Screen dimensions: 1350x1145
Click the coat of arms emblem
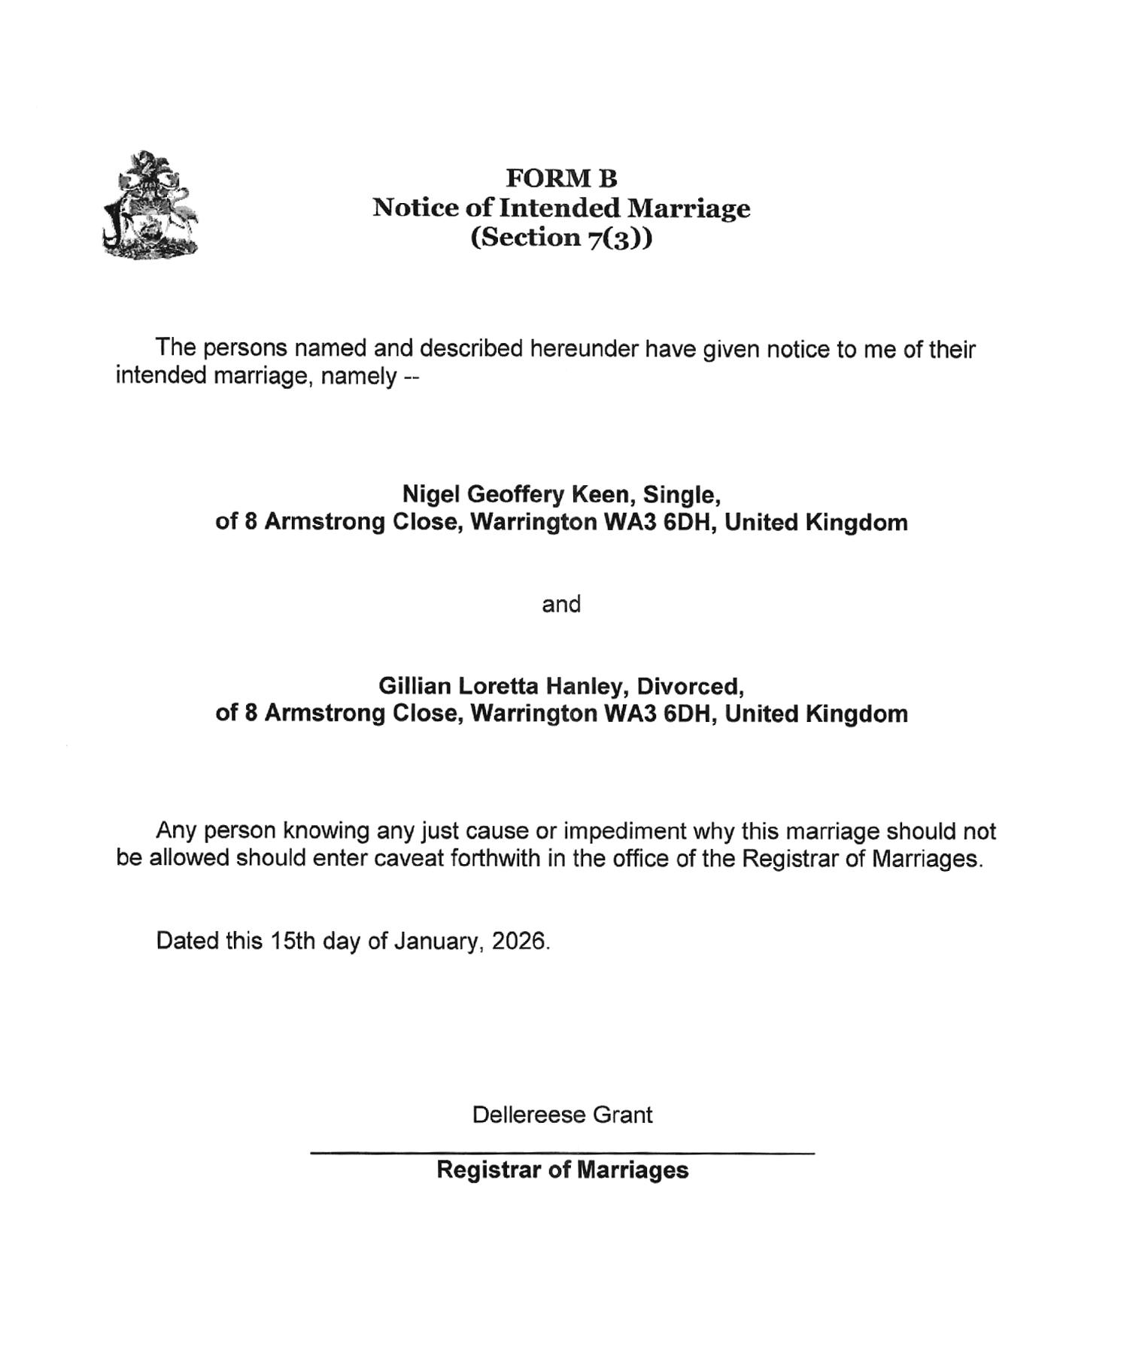[x=150, y=205]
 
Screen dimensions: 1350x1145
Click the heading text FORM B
[x=561, y=178]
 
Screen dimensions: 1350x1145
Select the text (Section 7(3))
[x=561, y=237]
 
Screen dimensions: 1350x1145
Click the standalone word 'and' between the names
[x=561, y=604]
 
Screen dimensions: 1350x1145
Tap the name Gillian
[x=415, y=686]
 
